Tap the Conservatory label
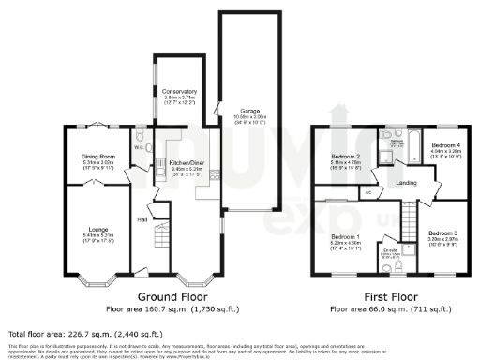click(180, 91)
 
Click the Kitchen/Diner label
click(184, 161)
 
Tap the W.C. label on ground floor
click(138, 146)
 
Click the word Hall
click(143, 219)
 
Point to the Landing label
click(406, 183)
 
